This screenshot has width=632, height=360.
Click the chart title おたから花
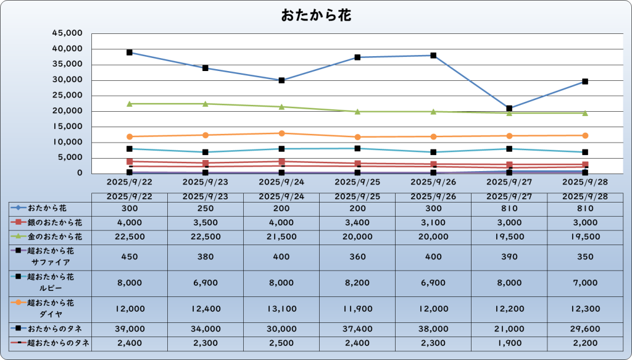point(316,15)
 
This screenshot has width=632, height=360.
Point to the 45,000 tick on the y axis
point(68,33)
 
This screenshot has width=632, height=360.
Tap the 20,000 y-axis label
point(68,111)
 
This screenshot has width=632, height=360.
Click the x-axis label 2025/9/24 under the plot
point(281,182)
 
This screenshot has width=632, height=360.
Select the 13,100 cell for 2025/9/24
point(281,308)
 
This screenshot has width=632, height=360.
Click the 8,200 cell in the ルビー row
point(357,282)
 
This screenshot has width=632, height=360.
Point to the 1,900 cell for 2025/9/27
point(509,343)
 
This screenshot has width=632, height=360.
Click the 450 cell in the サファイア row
point(130,256)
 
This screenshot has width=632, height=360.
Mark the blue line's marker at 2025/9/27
point(509,108)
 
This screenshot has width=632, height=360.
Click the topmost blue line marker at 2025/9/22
point(130,52)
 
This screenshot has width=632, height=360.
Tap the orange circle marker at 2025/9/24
point(281,133)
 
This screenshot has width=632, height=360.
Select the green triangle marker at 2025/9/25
point(357,111)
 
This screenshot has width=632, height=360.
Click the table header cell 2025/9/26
point(433,196)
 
